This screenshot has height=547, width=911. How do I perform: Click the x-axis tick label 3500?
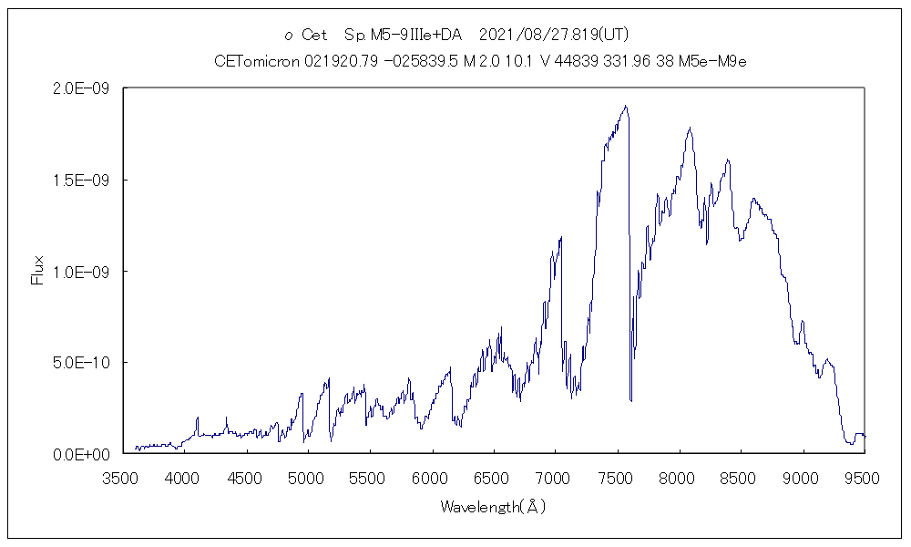point(122,478)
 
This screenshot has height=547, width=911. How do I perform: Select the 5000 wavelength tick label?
point(308,478)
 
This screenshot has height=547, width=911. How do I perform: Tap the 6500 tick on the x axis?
point(494,478)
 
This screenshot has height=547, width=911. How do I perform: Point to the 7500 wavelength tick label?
point(618,478)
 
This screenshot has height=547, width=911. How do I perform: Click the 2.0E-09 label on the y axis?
point(83,88)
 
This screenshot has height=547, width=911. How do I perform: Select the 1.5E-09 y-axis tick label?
point(83,180)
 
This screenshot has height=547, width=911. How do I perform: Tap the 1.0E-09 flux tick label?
point(83,271)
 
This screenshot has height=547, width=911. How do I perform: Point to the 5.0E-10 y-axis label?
point(83,362)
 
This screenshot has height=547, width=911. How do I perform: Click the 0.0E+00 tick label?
point(83,453)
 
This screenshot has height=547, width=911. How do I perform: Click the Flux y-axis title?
point(37,271)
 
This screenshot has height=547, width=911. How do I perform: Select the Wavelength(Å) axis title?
point(493,507)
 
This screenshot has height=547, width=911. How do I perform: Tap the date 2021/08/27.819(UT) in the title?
point(553,35)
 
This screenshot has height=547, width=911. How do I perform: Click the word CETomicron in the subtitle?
point(255,61)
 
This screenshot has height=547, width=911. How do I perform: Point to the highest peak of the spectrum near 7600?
point(625,106)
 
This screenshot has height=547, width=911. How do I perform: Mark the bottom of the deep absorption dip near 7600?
point(630,400)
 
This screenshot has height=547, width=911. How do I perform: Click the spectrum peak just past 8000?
point(690,128)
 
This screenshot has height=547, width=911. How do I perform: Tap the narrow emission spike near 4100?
point(197,418)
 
